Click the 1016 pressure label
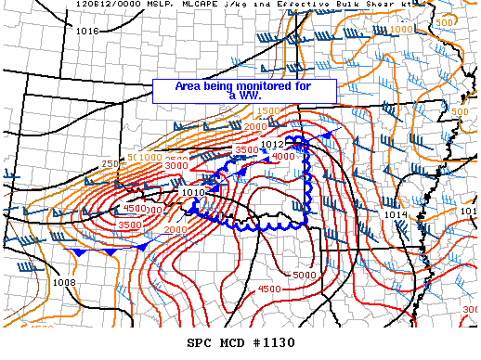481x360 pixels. coord(88,32)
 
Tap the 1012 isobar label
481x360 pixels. coord(272,145)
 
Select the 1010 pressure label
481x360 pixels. coord(192,193)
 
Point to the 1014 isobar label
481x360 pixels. coord(395,215)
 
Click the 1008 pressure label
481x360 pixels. coord(65,282)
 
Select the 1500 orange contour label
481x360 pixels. coord(267,112)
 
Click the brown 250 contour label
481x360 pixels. coord(110,164)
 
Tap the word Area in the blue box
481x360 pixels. coord(189,85)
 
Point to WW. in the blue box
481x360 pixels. coord(251,95)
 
